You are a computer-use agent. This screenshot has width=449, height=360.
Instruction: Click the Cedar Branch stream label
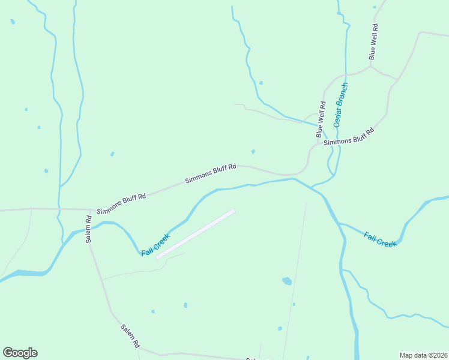coord(342,103)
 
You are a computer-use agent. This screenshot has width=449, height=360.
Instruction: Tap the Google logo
coord(20,353)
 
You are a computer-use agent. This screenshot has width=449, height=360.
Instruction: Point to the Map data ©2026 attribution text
coord(423,355)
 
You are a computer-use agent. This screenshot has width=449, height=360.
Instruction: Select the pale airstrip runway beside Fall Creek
coord(196,234)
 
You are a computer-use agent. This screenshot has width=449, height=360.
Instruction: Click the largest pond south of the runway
coord(287,281)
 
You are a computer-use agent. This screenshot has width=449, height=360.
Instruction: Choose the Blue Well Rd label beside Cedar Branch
coord(322,119)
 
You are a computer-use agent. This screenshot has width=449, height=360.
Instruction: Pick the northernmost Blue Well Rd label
coord(373,41)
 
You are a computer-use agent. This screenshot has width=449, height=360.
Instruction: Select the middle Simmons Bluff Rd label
coord(210,173)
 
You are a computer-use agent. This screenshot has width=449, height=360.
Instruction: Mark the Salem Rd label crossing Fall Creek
coord(88,229)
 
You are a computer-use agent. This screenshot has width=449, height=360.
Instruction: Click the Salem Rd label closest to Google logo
coord(130,337)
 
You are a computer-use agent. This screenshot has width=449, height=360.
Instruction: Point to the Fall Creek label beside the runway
coord(156,245)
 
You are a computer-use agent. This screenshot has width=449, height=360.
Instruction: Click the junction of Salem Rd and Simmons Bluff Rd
coord(90,210)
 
